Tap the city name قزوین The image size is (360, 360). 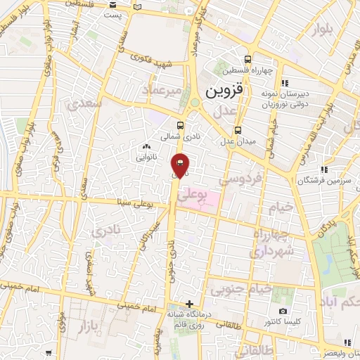(x=221, y=91)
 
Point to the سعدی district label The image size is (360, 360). (x=86, y=103)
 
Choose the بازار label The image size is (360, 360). (x=90, y=326)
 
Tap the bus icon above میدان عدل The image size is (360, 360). (x=237, y=130)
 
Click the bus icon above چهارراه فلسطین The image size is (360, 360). (x=247, y=59)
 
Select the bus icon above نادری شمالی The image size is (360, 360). (x=181, y=126)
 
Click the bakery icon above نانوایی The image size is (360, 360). (x=147, y=146)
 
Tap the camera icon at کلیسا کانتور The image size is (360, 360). (x=283, y=311)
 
